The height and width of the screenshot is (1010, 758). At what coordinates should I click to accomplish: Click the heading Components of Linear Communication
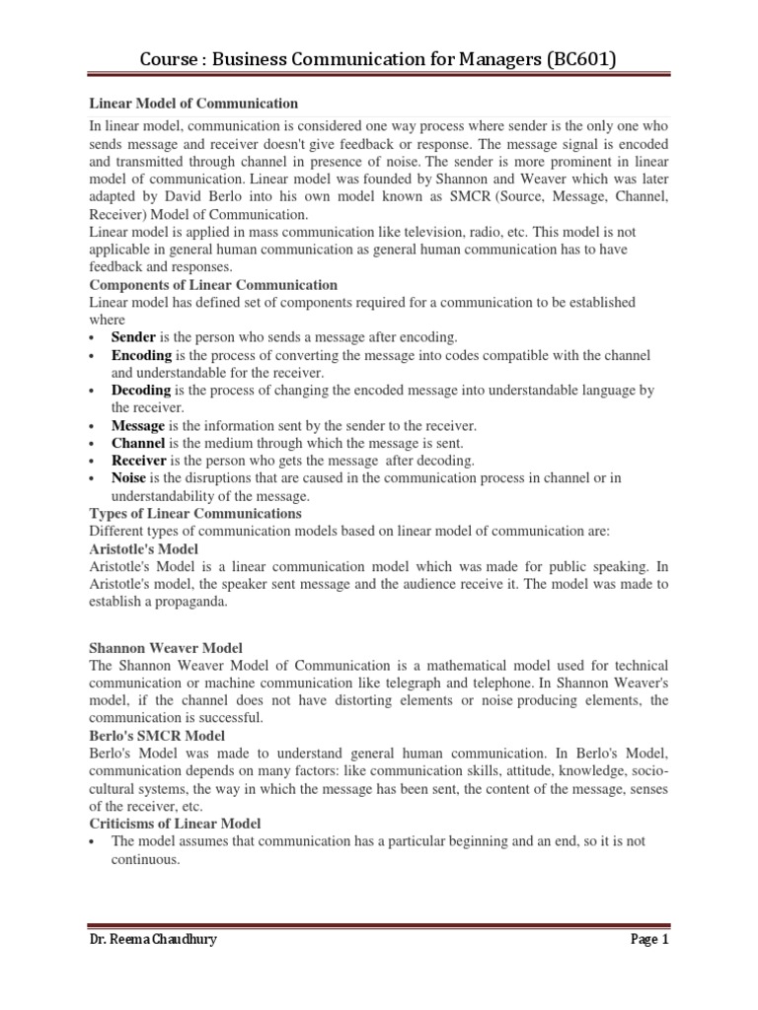click(213, 285)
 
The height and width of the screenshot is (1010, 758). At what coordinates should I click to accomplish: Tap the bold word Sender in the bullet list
click(134, 336)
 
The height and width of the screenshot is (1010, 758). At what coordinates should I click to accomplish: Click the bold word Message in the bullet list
click(138, 425)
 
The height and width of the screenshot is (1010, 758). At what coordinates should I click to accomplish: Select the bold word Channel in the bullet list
click(138, 443)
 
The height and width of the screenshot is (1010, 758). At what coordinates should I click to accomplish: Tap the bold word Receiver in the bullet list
click(140, 461)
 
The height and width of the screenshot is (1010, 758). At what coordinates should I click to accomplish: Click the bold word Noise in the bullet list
click(129, 478)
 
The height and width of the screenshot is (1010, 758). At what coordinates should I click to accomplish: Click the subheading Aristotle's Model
click(144, 548)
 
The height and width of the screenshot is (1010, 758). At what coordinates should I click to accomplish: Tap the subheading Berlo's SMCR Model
click(157, 736)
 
